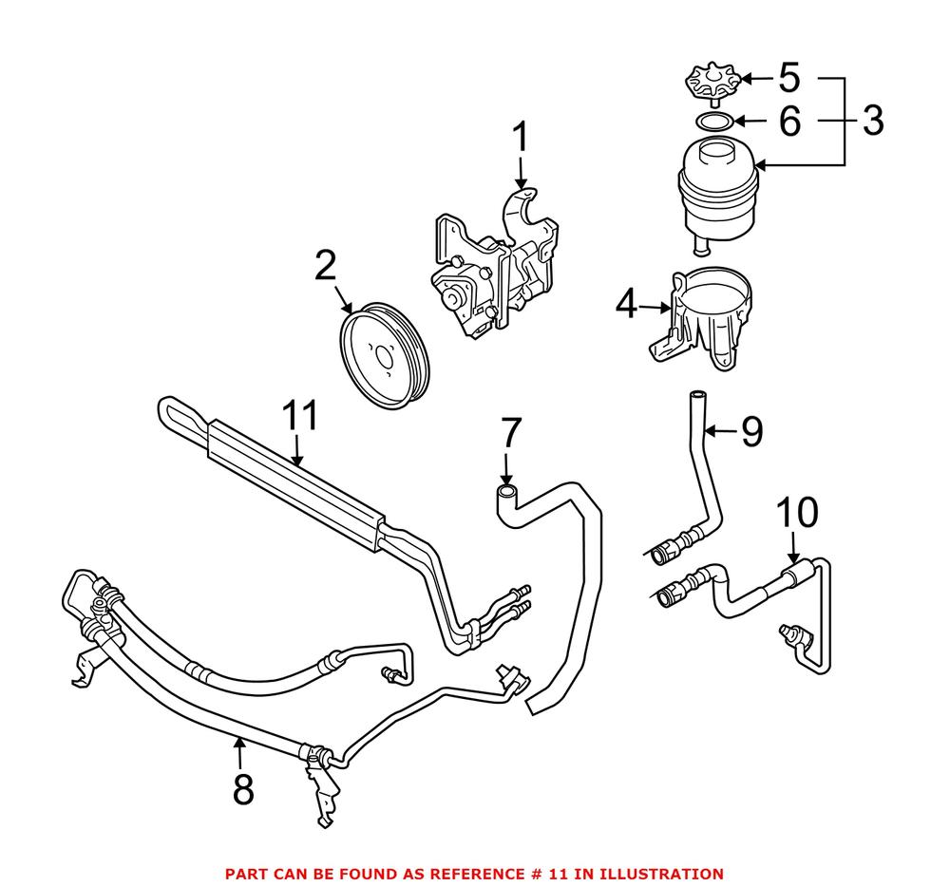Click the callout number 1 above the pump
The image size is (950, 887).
(521, 140)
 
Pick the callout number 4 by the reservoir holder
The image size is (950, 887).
(625, 306)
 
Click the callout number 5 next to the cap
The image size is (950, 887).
(789, 77)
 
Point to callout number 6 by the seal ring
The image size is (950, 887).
(789, 121)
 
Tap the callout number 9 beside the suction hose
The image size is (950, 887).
(750, 432)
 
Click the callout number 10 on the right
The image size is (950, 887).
(796, 513)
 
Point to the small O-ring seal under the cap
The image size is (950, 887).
(712, 122)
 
